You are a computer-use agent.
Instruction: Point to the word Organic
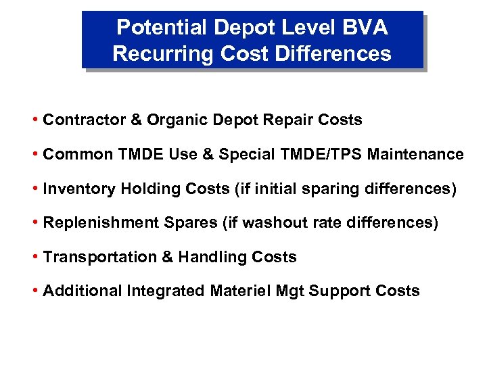pos(175,120)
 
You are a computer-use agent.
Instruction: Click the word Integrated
pos(166,291)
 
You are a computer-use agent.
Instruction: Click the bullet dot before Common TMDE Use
pos(35,154)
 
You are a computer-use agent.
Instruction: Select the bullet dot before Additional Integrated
pos(35,291)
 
